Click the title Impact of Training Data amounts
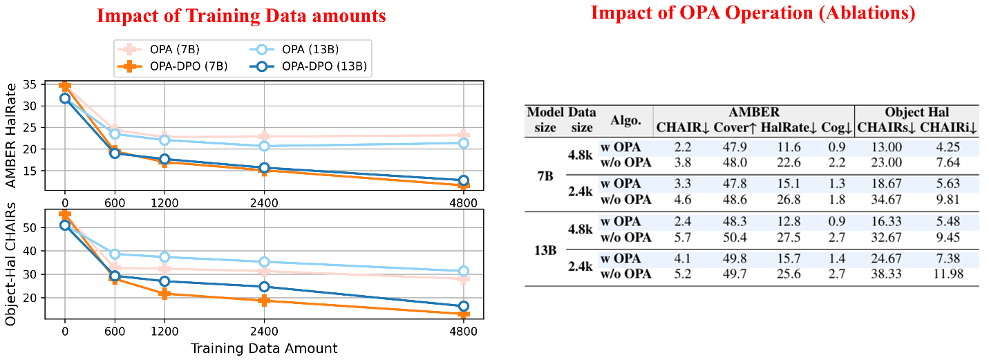pos(241,16)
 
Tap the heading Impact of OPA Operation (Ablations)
pos(753,13)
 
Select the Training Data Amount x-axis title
pos(264,348)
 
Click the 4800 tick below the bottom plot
pos(464,330)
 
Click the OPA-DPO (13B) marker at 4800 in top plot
pos(464,181)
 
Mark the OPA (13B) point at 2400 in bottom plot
pos(264,262)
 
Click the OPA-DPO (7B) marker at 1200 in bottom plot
pos(164,294)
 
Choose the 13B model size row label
pos(545,249)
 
